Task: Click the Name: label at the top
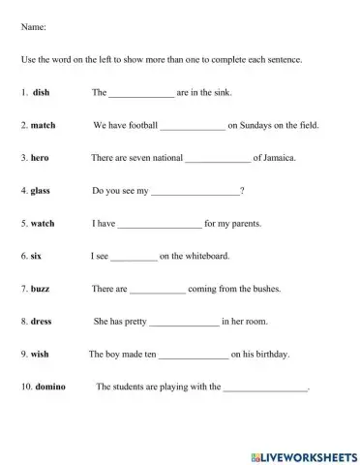33,27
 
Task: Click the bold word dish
41,93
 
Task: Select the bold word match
44,126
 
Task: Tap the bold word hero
40,158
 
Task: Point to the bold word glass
41,191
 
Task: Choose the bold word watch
44,224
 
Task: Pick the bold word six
38,257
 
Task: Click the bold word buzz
42,289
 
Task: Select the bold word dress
42,322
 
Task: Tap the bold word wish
40,355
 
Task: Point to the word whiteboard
204,257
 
